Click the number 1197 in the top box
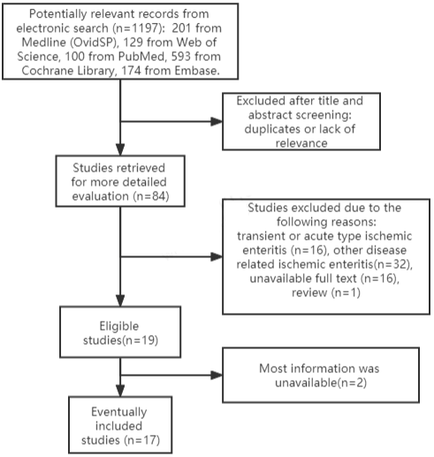point(142,28)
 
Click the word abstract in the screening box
point(269,115)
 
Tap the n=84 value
point(151,196)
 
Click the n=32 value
point(392,264)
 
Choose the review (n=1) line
point(326,293)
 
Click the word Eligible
point(119,326)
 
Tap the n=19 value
point(141,340)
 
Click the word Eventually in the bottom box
point(119,412)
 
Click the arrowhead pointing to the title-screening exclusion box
point(217,121)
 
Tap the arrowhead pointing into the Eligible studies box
point(120,301)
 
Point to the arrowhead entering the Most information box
point(217,375)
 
